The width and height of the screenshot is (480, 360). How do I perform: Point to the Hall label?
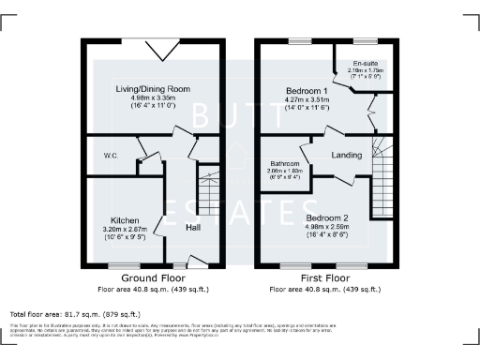(x=193, y=228)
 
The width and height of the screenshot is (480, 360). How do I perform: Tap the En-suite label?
(x=364, y=64)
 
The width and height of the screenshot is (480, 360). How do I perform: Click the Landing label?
(x=344, y=156)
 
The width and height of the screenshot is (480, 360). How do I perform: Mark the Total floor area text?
(x=74, y=314)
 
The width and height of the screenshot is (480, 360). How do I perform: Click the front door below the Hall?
(x=196, y=262)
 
